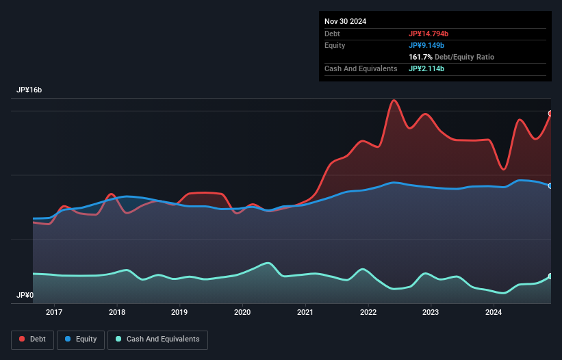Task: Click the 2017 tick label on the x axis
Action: pos(54,312)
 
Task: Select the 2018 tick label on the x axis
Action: pos(117,312)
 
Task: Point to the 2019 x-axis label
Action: pos(179,312)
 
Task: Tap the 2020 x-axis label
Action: pos(242,312)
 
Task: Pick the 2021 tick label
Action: pos(305,312)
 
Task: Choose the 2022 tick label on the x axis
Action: pos(368,312)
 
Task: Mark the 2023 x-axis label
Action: pos(431,312)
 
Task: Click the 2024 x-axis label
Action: pos(494,312)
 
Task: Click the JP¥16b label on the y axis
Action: pos(31,90)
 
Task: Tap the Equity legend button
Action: pos(81,339)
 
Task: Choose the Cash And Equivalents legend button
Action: pos(157,339)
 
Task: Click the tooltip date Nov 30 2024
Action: pos(346,21)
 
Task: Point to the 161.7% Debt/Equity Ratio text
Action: pos(451,57)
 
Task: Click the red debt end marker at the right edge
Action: pos(550,114)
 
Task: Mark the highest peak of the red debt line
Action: pos(394,101)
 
